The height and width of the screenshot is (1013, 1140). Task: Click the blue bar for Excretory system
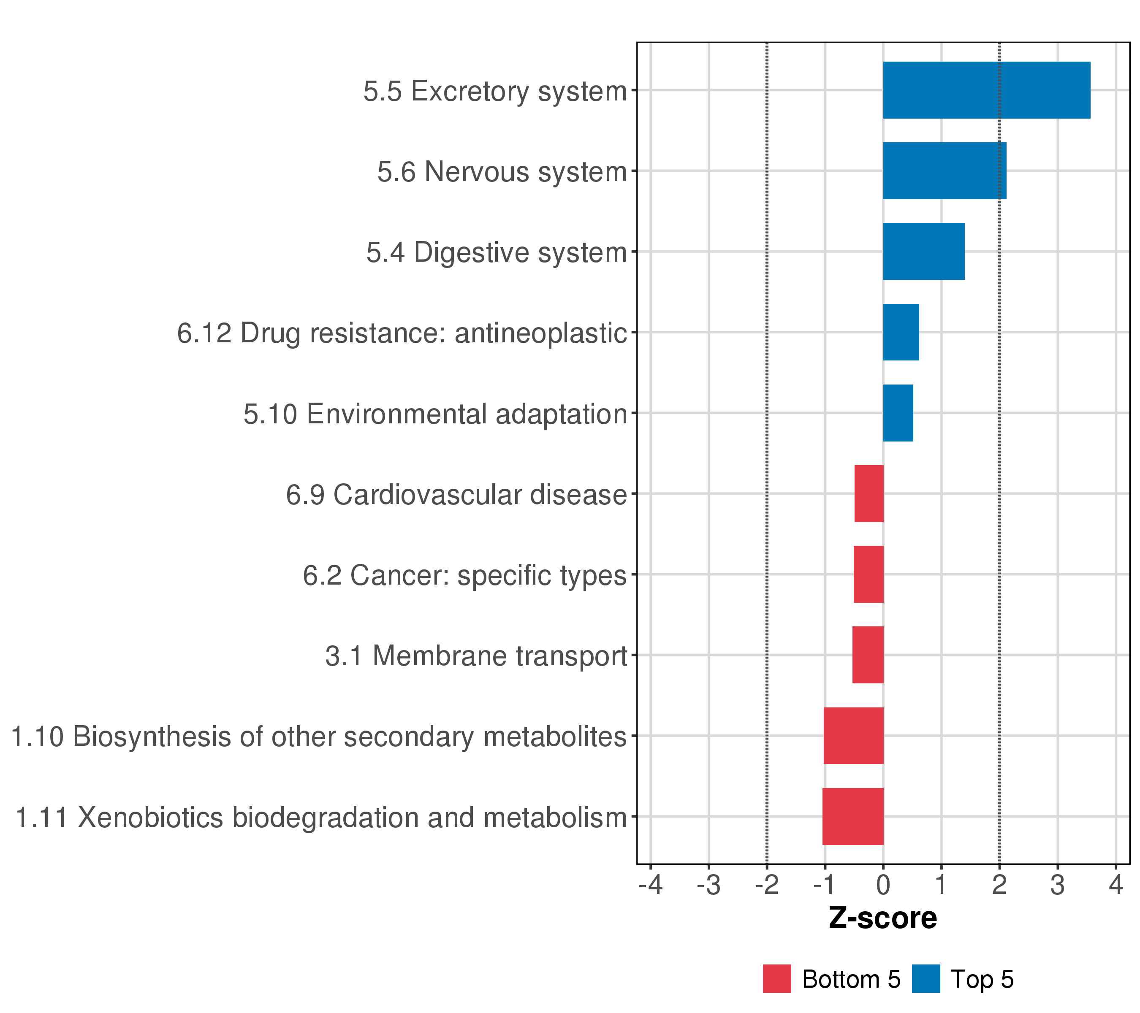click(x=986, y=90)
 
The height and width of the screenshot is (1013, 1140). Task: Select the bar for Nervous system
click(x=944, y=171)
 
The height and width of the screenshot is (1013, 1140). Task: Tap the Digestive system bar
click(x=923, y=252)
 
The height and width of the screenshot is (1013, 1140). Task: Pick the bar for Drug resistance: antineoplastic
click(x=901, y=332)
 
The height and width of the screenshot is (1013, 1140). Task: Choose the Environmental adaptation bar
click(x=898, y=413)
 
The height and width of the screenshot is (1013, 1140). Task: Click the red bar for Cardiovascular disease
click(x=869, y=494)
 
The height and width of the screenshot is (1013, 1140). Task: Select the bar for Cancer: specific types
click(x=869, y=574)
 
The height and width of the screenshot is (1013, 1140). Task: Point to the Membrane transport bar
click(x=868, y=655)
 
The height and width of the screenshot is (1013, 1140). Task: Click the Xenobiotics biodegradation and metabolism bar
click(x=853, y=817)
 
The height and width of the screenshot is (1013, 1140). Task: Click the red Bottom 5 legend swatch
click(x=777, y=978)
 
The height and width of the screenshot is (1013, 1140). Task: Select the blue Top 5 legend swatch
click(x=926, y=978)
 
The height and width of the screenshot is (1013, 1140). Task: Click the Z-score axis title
click(x=883, y=918)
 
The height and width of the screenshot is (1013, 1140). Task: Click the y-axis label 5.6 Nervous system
click(x=502, y=172)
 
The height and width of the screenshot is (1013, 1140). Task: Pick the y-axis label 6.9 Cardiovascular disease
click(x=456, y=495)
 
